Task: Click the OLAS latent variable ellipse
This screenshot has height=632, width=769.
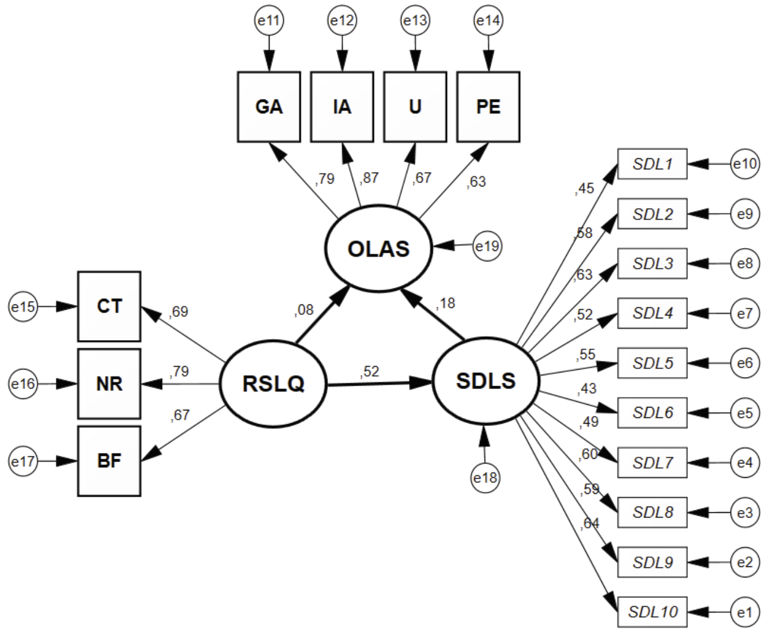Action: (x=378, y=249)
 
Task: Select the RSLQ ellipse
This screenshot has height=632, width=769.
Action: (x=273, y=383)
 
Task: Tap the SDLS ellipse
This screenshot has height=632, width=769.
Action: (x=485, y=380)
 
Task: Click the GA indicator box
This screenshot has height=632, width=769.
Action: (x=269, y=106)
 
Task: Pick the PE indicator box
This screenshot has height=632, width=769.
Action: (x=488, y=106)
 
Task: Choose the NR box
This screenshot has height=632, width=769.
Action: (x=109, y=383)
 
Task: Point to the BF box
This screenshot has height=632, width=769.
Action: (x=109, y=461)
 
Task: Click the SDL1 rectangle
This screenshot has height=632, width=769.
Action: (x=652, y=164)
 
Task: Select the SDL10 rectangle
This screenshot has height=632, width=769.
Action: (x=652, y=612)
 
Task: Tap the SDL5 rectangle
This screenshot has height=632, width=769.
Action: (x=652, y=363)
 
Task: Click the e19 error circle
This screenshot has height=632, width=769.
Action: (x=487, y=246)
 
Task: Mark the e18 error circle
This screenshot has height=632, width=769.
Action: (x=485, y=478)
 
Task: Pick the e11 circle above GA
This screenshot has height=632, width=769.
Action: (x=269, y=21)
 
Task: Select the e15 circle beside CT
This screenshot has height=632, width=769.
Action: (x=23, y=307)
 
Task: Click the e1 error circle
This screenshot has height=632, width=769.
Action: (x=744, y=612)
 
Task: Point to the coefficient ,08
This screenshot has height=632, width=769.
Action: (x=304, y=310)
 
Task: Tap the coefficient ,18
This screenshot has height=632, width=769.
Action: (x=446, y=303)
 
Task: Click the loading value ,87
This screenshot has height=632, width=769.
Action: (x=369, y=178)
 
